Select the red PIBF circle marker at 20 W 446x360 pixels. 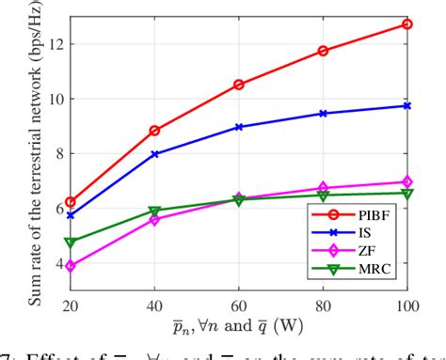[x=71, y=203]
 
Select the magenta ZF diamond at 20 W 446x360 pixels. [x=71, y=266]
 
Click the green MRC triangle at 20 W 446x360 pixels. [x=71, y=243]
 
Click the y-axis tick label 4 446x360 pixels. [x=57, y=264]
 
